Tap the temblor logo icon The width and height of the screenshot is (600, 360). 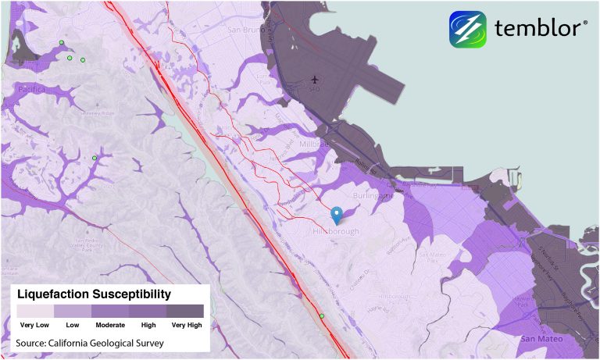point(467,29)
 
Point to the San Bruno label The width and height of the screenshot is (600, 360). point(243,30)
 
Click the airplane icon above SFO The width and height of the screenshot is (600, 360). point(315,80)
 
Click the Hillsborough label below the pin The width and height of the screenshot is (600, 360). point(337,232)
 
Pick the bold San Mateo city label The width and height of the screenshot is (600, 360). point(539,338)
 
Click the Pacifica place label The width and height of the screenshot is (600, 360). point(32,90)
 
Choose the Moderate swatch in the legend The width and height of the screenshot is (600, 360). point(110,311)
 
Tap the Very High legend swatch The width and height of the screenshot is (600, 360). point(185,311)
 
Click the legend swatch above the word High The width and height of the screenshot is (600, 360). point(148,311)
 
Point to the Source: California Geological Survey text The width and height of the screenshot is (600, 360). point(90,342)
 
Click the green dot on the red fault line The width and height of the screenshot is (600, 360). point(322,316)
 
